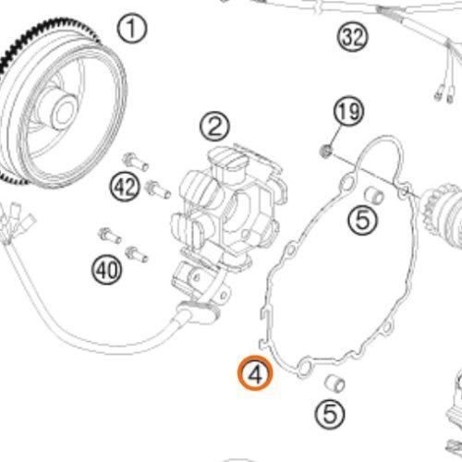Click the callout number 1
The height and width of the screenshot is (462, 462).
132,28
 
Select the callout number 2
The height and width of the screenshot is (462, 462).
214,127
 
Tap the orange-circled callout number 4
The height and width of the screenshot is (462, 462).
255,373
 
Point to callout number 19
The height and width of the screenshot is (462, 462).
348,111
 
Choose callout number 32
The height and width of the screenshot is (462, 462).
353,37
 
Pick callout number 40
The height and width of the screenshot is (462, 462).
106,270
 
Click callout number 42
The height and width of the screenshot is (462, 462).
125,187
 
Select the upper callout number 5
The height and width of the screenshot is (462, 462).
363,220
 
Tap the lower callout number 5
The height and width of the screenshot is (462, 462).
330,414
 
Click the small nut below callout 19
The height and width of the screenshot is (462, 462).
325,152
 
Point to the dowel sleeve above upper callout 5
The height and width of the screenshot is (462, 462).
374,196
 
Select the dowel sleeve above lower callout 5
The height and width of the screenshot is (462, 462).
335,383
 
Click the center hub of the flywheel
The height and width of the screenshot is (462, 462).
64,110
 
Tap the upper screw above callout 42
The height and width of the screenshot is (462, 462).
135,162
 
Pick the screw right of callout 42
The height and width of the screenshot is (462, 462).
157,189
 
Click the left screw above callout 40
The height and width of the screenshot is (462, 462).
110,236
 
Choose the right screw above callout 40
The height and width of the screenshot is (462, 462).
137,254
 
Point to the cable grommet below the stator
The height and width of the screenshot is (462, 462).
200,311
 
